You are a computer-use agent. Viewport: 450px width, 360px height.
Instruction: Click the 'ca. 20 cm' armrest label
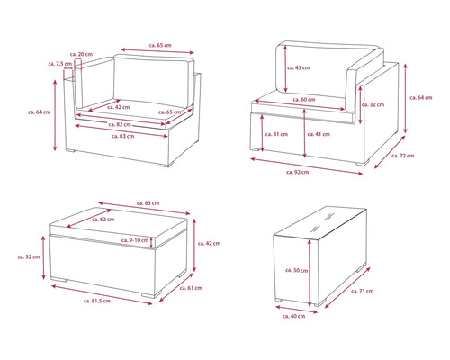point(81,54)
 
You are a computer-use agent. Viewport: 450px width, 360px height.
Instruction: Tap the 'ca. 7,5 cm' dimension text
point(60,64)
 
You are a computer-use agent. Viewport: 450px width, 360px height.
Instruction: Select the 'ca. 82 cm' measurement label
point(120,124)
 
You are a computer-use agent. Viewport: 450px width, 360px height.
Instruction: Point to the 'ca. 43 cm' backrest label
point(298,67)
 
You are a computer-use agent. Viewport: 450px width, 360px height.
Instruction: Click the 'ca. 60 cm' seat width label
point(304,100)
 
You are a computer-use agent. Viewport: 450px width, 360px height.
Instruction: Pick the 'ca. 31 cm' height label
point(276,134)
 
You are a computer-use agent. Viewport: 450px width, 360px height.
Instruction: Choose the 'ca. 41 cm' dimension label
point(319,134)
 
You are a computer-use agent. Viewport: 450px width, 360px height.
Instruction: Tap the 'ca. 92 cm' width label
point(297,172)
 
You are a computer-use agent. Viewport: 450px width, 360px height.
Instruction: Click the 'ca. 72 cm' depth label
point(402,156)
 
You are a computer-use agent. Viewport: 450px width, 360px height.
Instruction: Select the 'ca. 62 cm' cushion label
point(103,220)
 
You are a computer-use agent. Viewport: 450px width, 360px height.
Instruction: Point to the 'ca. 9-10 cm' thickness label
point(135,240)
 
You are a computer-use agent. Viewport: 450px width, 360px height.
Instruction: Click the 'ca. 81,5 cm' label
point(97,301)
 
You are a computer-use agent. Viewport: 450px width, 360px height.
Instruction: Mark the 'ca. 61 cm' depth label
point(191,288)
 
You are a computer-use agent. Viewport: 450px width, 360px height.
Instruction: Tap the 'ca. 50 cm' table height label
point(296,270)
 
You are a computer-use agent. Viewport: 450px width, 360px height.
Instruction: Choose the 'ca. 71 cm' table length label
point(362,291)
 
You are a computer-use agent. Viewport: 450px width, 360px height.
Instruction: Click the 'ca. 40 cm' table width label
point(293,316)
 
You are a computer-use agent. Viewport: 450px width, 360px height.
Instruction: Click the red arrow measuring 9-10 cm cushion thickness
point(151,242)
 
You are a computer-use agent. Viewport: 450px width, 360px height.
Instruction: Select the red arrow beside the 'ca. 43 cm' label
point(285,69)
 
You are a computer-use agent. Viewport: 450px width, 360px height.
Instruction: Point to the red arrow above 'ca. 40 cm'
point(296,310)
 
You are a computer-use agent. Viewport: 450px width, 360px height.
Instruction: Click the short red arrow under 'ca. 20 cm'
point(78,59)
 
